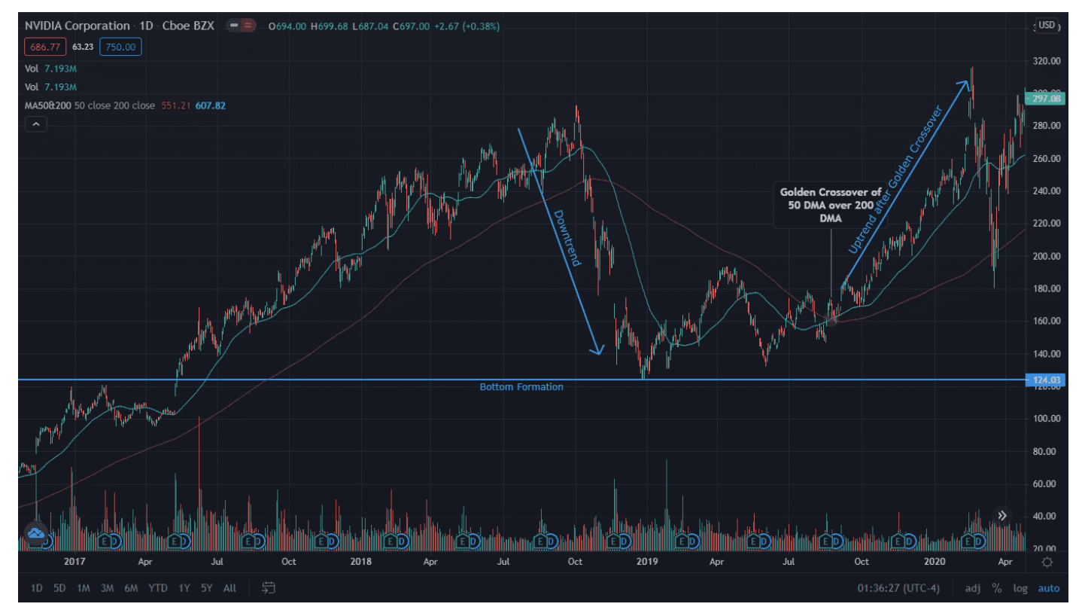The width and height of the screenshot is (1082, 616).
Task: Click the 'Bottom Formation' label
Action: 521,387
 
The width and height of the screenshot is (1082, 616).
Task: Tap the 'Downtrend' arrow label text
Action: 567,239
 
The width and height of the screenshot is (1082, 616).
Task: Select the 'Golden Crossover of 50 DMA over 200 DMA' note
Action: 831,204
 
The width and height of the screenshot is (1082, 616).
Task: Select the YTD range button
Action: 158,588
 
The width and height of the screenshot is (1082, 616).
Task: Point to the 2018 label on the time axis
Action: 360,562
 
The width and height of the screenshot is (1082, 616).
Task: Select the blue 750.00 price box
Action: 120,47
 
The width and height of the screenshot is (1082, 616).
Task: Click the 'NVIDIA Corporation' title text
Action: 77,26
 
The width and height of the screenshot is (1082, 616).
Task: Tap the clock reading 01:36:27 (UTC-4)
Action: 898,588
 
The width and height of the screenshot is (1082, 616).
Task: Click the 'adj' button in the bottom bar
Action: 973,588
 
